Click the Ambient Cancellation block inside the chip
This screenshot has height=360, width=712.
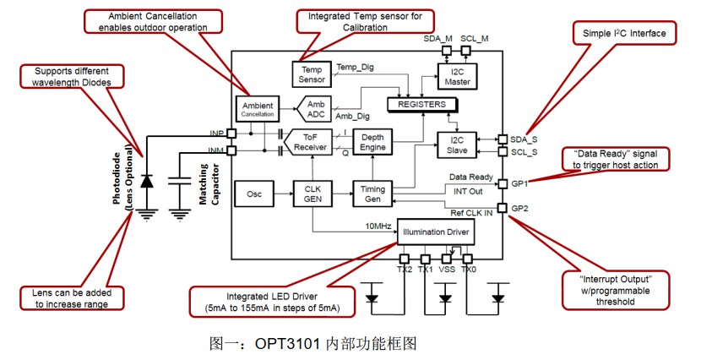click(254, 108)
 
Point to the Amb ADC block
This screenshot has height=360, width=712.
click(315, 108)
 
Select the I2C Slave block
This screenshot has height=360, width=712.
click(456, 145)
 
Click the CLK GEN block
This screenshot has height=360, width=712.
click(311, 194)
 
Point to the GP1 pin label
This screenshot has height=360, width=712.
click(518, 183)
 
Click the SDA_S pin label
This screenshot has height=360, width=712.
click(524, 139)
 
